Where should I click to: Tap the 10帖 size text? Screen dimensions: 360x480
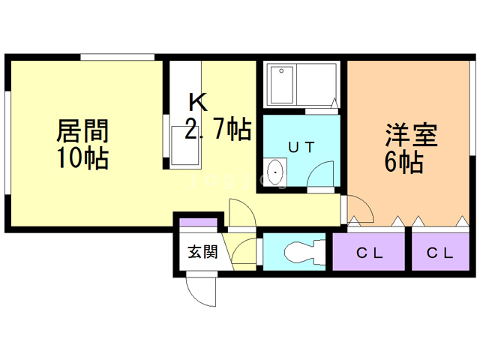82,158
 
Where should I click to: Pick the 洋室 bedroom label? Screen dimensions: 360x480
410,136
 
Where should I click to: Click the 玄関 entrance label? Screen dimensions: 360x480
202,252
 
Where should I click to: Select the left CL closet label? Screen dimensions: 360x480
369,253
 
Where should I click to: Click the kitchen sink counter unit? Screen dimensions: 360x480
186,142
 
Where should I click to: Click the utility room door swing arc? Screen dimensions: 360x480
324,174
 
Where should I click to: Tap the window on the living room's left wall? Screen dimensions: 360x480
7,142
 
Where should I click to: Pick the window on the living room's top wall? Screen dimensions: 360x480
118,57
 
